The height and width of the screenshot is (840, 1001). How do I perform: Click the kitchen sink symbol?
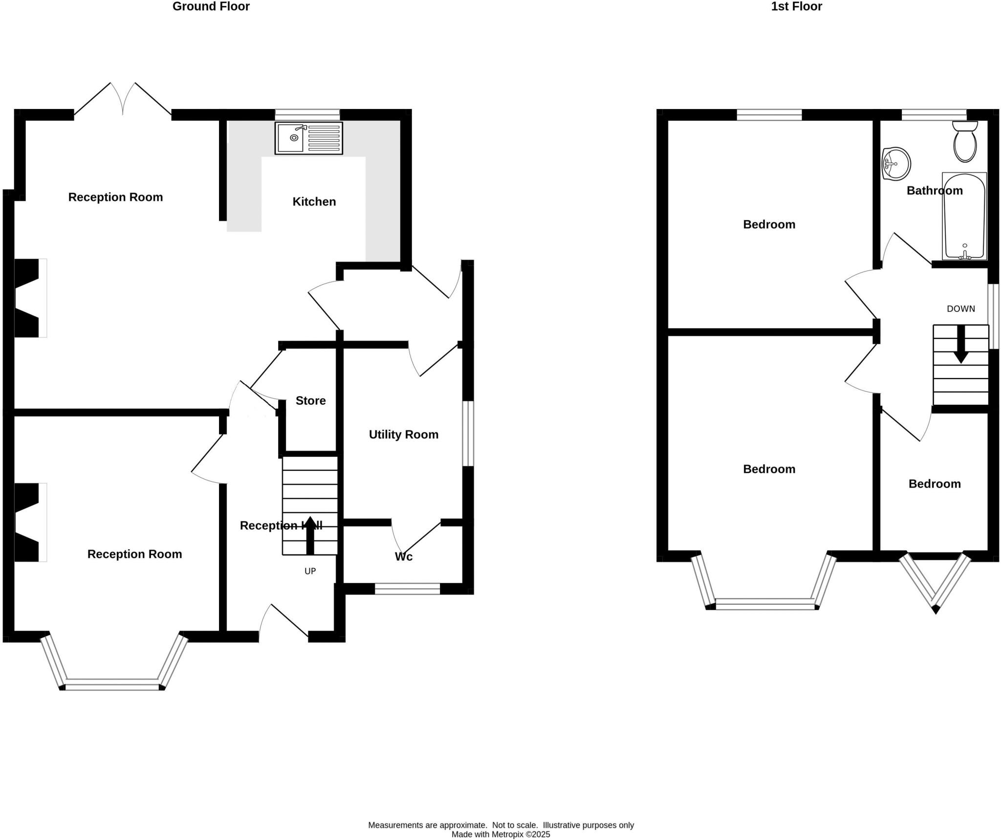pos(308,138)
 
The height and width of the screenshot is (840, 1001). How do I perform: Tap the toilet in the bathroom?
pos(965,142)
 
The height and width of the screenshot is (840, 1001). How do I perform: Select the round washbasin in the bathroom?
pos(896,164)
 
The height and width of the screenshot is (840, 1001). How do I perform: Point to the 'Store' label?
pos(311,400)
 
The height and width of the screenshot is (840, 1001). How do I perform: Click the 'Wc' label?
pos(404,556)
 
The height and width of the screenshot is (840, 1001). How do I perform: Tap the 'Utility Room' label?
pos(403,434)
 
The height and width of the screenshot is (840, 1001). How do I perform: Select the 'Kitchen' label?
pos(314,201)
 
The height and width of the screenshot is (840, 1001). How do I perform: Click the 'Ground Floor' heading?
pos(211,6)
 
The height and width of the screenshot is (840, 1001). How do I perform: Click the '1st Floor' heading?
pos(796,6)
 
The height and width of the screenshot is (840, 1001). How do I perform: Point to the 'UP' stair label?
pos(310,571)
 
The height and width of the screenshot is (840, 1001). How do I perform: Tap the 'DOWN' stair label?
pos(960,309)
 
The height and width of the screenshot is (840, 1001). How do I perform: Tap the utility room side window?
pos(468,433)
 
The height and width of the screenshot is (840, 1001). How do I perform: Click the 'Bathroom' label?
pos(934,190)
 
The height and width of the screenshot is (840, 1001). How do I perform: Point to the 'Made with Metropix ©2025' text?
pos(500,834)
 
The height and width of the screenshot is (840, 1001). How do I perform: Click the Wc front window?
pos(407,589)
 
